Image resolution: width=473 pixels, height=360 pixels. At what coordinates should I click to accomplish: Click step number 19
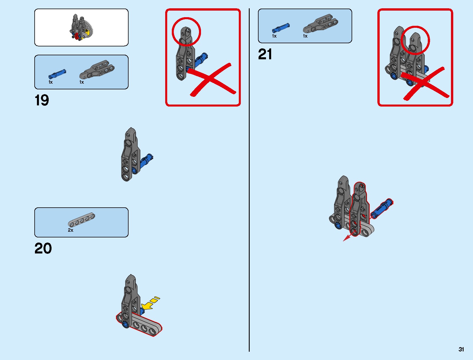click(x=42, y=100)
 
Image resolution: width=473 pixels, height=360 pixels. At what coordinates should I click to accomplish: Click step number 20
click(x=43, y=248)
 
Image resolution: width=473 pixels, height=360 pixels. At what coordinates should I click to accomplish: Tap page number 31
click(x=461, y=349)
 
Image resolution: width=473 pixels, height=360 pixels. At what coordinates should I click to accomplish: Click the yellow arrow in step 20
click(x=150, y=303)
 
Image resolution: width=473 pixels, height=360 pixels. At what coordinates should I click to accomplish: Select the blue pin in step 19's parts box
click(x=57, y=74)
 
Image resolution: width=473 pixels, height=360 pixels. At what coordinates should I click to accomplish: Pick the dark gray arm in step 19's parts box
click(x=97, y=70)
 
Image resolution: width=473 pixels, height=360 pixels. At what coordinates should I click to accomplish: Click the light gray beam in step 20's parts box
click(x=81, y=220)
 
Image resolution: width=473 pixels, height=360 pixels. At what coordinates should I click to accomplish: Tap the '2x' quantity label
click(x=70, y=230)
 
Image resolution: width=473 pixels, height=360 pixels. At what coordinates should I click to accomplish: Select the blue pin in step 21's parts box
click(x=281, y=28)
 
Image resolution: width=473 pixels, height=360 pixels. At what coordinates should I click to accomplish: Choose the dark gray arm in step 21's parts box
click(x=320, y=23)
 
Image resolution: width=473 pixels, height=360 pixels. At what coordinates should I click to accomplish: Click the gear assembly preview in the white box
click(x=81, y=27)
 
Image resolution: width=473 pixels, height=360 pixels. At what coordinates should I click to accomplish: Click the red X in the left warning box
click(x=211, y=79)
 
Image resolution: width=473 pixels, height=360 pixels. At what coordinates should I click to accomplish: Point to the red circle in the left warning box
click(x=186, y=32)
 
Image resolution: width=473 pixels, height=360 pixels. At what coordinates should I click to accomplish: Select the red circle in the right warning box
click(x=415, y=40)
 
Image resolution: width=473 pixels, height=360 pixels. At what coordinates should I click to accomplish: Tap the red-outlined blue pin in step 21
click(x=381, y=209)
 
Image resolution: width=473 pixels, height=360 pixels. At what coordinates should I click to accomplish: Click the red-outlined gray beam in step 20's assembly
click(x=139, y=324)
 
